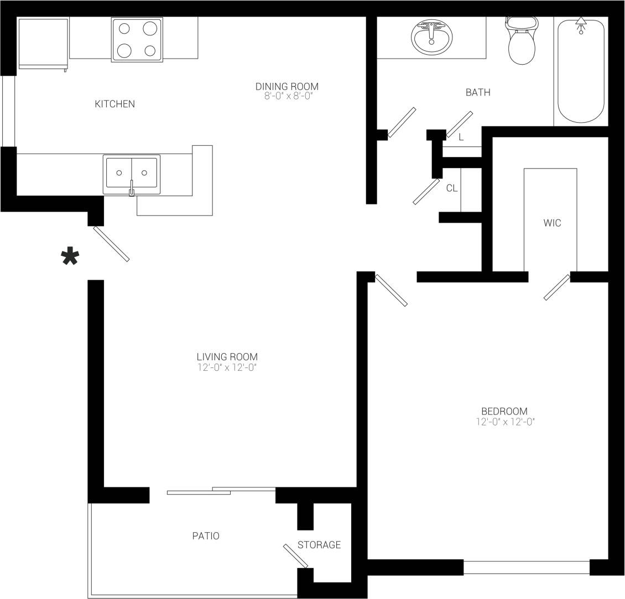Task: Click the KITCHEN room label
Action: coord(115,104)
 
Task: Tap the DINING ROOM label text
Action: coord(287,86)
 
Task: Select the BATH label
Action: coord(478,92)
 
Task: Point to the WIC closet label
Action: coord(552,223)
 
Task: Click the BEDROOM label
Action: coord(504,411)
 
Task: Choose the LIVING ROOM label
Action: coord(227,357)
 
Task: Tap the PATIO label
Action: coord(206,536)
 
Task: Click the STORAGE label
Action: coord(319,545)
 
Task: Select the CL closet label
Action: coord(452,188)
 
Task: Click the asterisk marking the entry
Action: coord(70,258)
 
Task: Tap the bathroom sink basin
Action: coord(431,38)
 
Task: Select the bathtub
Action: coord(581,70)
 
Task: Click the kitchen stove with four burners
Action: coord(137,39)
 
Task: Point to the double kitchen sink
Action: coord(132,174)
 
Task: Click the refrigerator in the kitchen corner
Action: coord(43,43)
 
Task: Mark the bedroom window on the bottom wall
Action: coord(526,568)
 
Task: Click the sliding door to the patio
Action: coord(221,491)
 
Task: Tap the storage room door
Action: coord(295,556)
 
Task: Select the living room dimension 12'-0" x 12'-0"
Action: coord(227,367)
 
